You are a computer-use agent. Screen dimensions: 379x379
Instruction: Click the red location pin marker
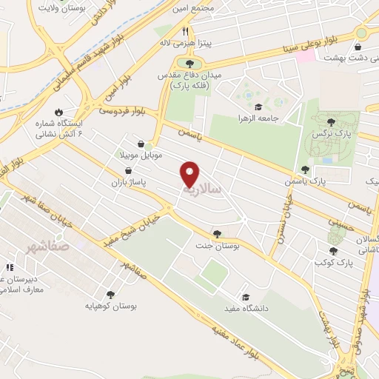pyautogui.click(x=190, y=175)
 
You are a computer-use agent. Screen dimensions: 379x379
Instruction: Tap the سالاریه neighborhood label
pyautogui.click(x=204, y=189)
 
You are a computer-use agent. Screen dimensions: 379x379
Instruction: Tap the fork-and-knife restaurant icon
pyautogui.click(x=187, y=32)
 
